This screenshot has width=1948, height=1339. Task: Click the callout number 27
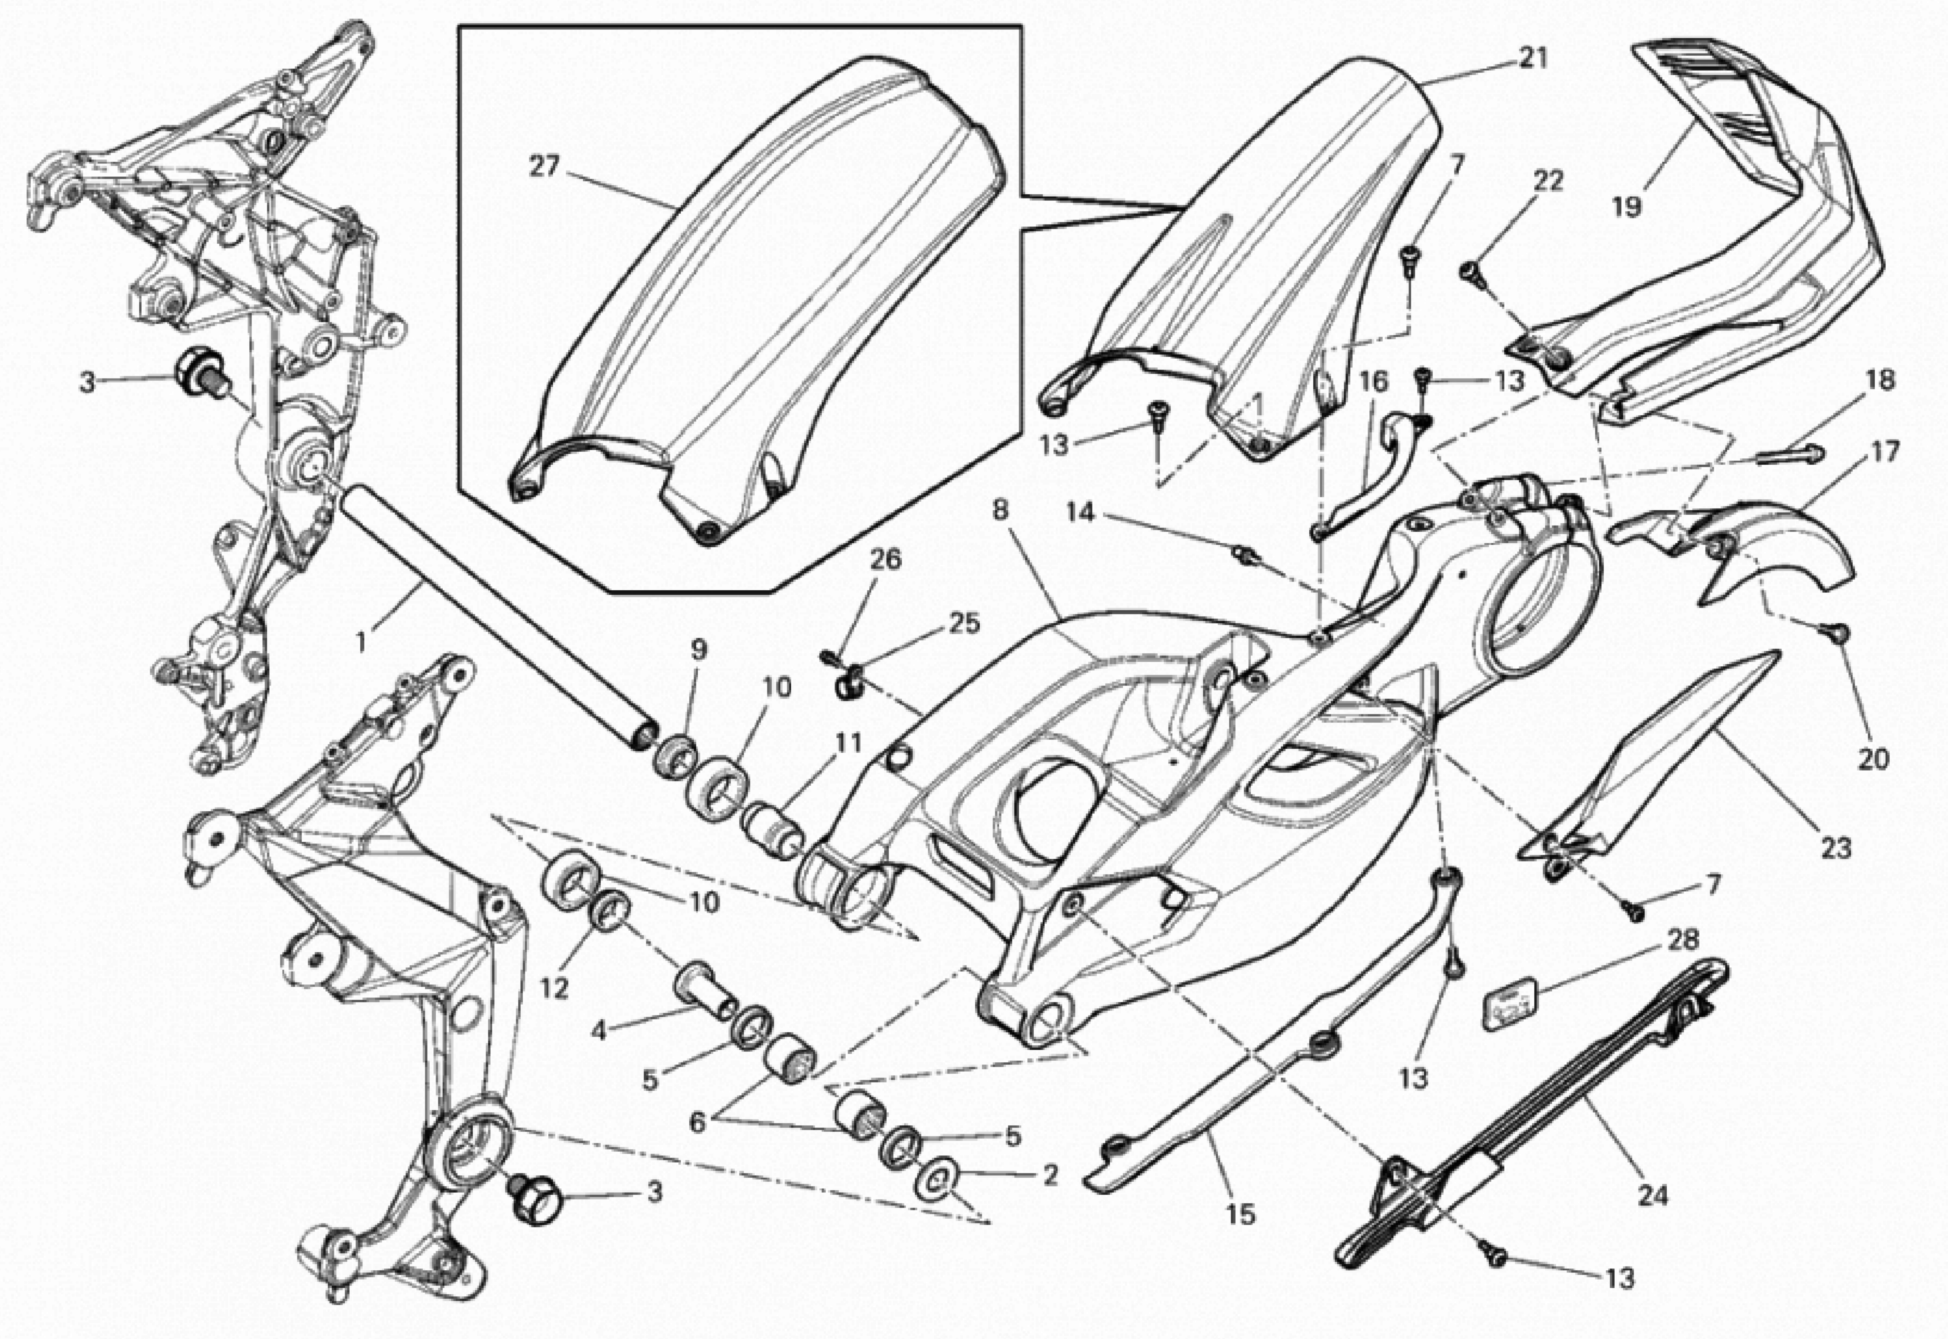click(544, 167)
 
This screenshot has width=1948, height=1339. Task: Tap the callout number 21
click(1533, 58)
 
